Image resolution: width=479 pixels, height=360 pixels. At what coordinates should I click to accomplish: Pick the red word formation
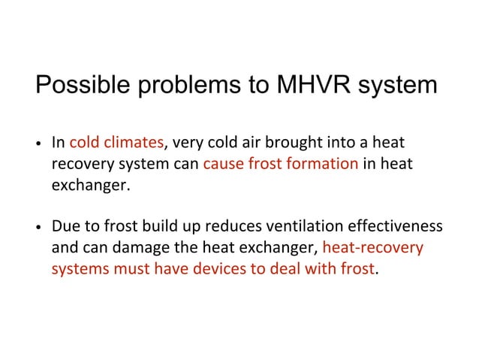tap(323, 163)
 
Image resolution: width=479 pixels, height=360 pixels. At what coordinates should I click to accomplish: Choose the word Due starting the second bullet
tap(64, 227)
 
